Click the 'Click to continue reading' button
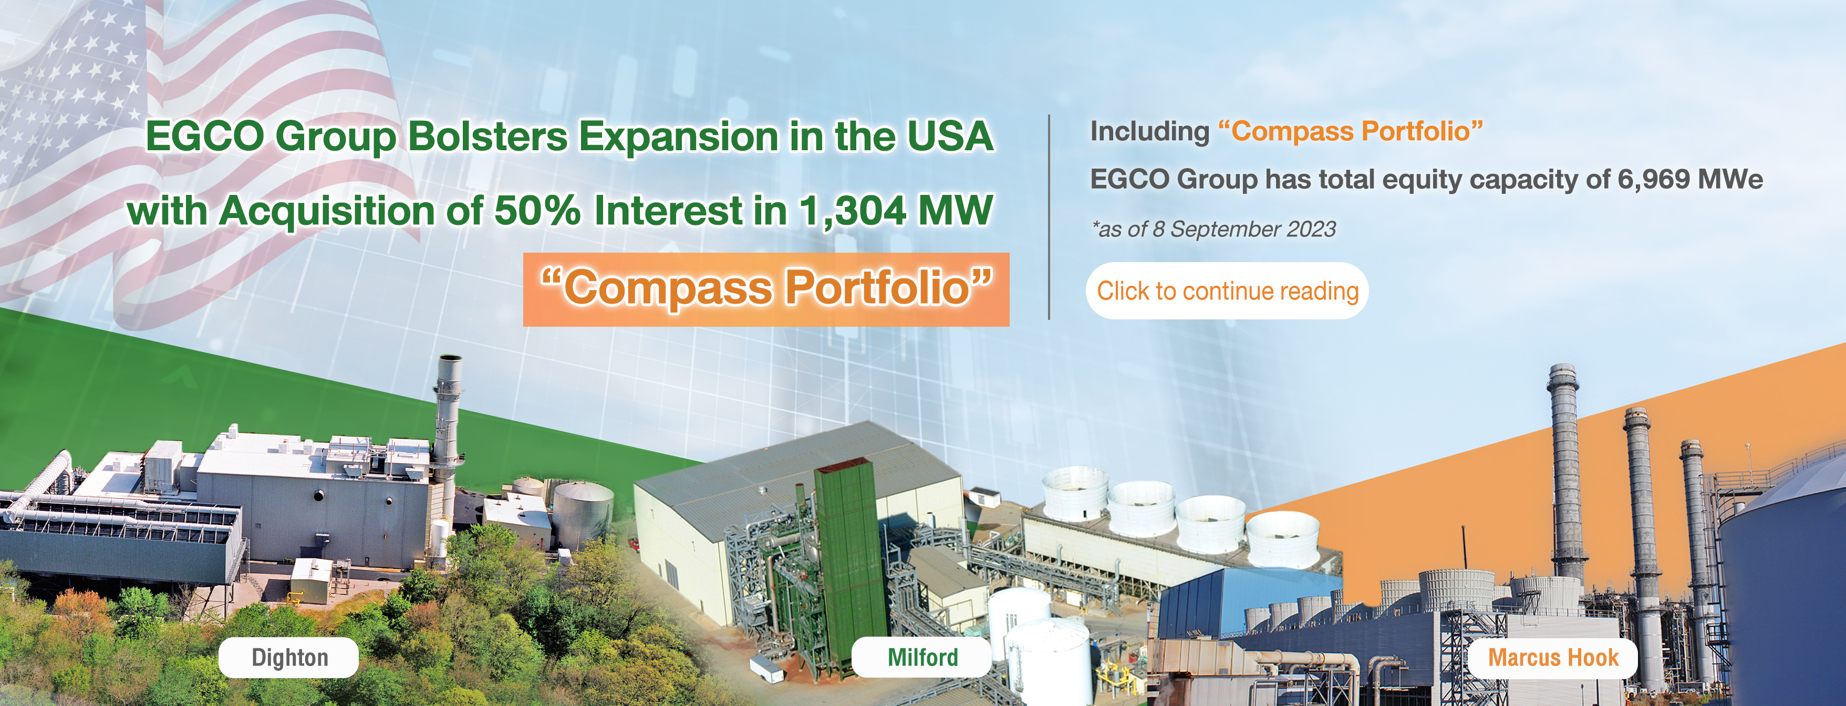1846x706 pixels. tap(1227, 291)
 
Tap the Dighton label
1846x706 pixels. tap(289, 657)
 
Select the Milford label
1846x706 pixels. tap(922, 657)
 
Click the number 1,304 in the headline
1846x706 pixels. tap(853, 212)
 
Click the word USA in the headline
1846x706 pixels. tap(950, 136)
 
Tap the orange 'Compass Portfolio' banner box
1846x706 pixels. tap(766, 289)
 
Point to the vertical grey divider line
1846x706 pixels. tap(1049, 217)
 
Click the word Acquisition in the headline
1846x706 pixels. tap(327, 212)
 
